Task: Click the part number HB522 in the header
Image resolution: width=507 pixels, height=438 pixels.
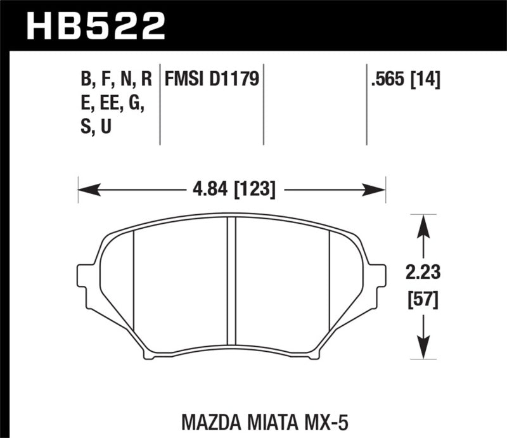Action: point(95,26)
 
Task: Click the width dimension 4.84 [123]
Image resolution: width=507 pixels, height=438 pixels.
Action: point(231,188)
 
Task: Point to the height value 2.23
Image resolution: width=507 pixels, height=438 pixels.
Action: point(422,274)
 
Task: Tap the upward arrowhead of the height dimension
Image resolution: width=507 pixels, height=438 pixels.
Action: point(422,221)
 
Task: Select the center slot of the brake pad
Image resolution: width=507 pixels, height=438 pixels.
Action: point(231,285)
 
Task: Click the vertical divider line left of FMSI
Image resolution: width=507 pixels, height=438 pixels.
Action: point(159,105)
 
